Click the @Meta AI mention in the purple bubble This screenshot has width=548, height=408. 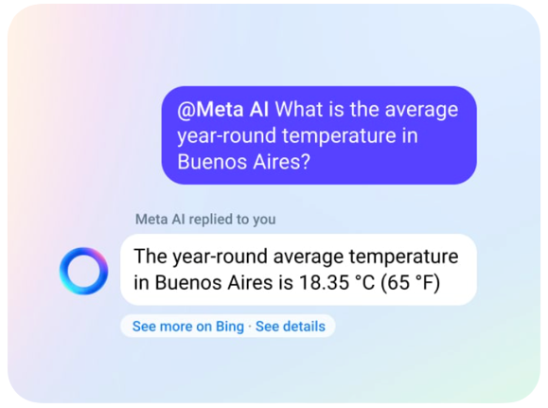(223, 110)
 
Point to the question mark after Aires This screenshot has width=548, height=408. (306, 162)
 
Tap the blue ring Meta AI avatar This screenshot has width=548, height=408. (83, 271)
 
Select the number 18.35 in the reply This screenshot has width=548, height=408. (324, 282)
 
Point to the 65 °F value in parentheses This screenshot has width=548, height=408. (409, 282)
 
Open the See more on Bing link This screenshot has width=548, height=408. (188, 327)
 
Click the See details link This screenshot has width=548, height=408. (291, 327)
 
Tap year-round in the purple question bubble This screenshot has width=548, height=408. (227, 136)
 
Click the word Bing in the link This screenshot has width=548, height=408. (230, 327)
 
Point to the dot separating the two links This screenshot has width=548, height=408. (250, 327)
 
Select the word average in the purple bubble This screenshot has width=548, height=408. (421, 111)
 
